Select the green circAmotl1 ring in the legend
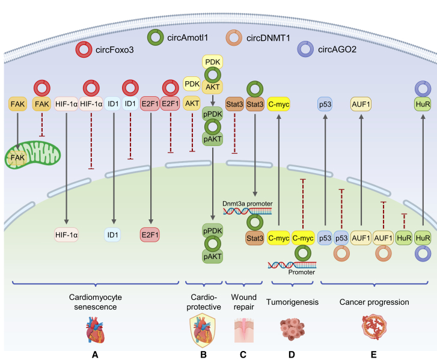coord(154,38)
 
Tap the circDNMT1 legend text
coord(267,37)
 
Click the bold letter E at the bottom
coord(373,354)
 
